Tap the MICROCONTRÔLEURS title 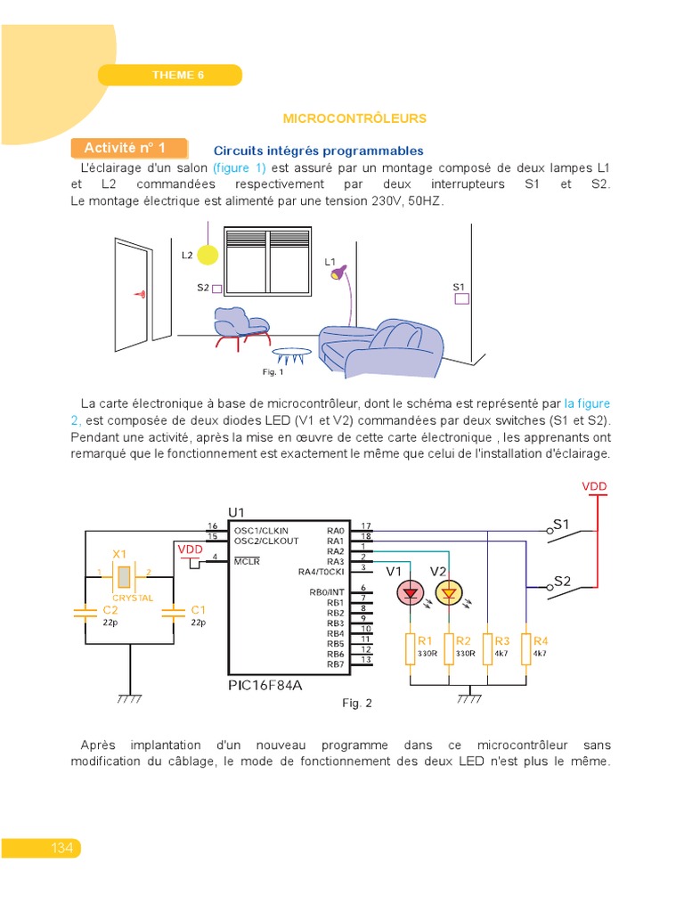coord(354,118)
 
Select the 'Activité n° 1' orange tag coord(130,148)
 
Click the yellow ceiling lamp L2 coord(207,256)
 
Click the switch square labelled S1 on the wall coord(461,299)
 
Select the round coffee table coord(291,352)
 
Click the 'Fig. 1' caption coord(273,371)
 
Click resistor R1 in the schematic coord(411,647)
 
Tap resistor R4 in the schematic coord(526,647)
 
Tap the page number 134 coord(61,848)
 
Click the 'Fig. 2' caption coord(357,704)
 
